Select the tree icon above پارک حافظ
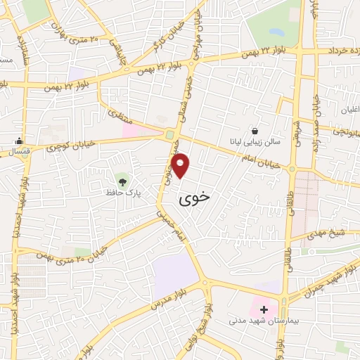pyautogui.click(x=123, y=181)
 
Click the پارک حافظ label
pyautogui.click(x=119, y=192)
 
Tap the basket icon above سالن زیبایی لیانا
pyautogui.click(x=254, y=131)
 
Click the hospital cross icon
pyautogui.click(x=264, y=309)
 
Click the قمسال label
pyautogui.click(x=13, y=151)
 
